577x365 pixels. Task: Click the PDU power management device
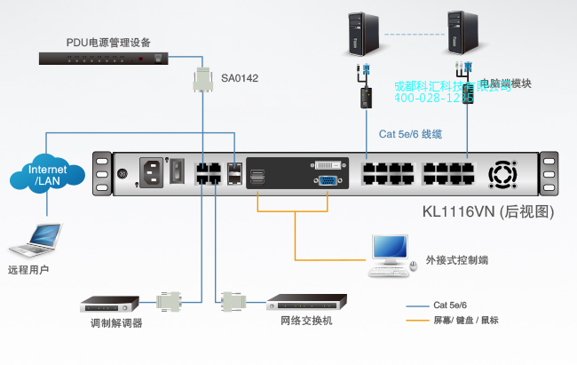coord(107,59)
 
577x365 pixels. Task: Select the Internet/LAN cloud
coord(47,175)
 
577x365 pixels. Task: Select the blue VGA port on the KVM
coord(327,180)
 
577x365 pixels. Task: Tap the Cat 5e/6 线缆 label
coord(410,134)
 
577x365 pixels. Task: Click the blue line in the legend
coord(418,305)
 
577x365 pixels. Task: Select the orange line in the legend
coord(418,321)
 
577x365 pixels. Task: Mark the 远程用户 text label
coord(28,269)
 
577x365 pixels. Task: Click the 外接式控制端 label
coord(455,260)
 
